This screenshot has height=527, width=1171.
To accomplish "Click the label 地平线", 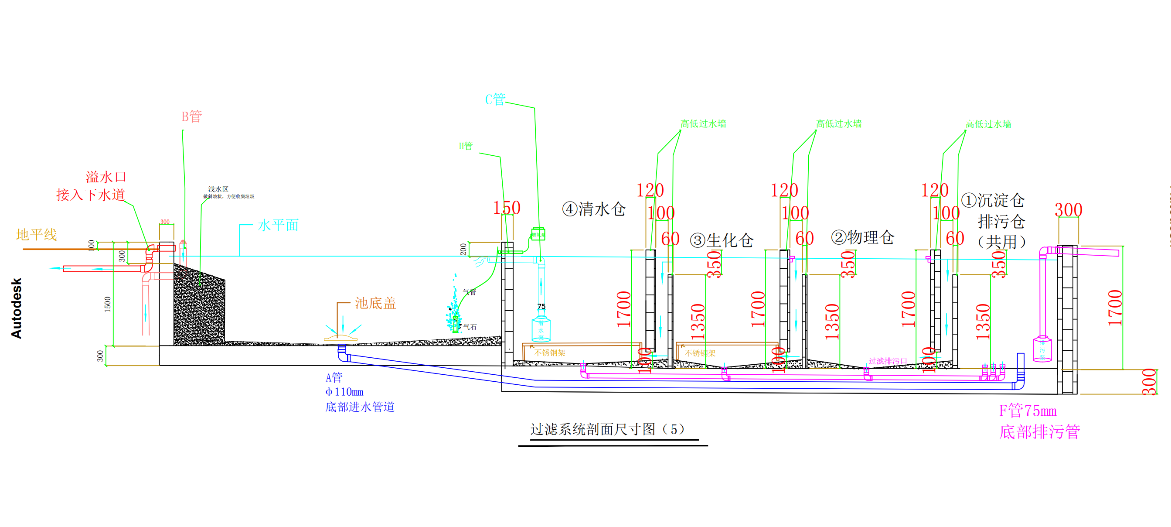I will [x=36, y=235].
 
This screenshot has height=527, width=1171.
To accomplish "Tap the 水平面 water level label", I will [x=278, y=225].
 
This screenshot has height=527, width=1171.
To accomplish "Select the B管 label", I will [x=191, y=116].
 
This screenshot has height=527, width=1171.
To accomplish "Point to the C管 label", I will [x=495, y=99].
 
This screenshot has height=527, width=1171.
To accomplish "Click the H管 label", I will [x=466, y=146].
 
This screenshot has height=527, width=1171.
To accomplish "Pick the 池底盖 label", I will [x=375, y=303].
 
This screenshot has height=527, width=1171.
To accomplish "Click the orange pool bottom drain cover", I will [x=340, y=337].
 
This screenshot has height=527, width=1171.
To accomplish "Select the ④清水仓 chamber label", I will [x=594, y=209].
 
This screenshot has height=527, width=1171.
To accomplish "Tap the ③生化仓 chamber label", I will [x=722, y=240].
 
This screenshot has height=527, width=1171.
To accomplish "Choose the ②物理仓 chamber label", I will [x=862, y=237].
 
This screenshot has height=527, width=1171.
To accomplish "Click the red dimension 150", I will [x=507, y=208].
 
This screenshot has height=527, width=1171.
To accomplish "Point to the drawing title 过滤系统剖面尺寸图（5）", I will [x=607, y=429].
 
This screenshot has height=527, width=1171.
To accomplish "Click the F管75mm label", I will [x=1028, y=411].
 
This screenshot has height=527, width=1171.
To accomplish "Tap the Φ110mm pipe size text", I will [x=344, y=392].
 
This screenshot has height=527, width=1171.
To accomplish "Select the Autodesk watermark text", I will [x=17, y=308].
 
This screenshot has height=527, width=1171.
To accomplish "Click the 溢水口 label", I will [x=106, y=177].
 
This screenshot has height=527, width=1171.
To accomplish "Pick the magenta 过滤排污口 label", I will [x=888, y=361].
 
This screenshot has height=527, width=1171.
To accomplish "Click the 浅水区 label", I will [x=218, y=189].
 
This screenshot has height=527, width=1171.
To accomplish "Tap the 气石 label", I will [x=470, y=327].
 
